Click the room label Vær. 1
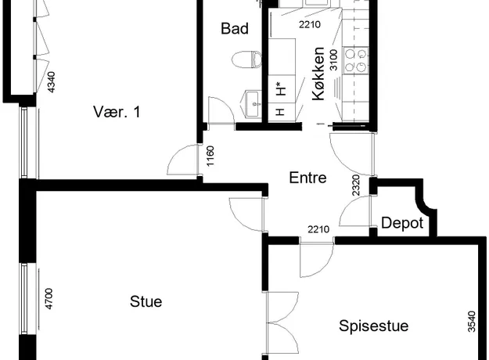[117, 111]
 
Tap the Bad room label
[235, 28]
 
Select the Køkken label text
[318, 74]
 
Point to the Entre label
[307, 178]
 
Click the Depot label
[402, 223]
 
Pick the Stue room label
[146, 301]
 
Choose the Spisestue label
[374, 326]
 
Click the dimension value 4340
[51, 82]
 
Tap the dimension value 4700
[49, 299]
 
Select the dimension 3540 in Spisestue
[472, 322]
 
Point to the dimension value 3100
[333, 60]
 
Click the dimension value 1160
[210, 156]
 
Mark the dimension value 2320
[356, 185]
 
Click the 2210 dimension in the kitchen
[310, 24]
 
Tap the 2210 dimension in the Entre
[318, 229]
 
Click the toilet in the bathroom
[247, 59]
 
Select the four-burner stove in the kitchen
[356, 60]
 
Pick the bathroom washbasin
[253, 104]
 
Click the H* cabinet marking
[282, 88]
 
